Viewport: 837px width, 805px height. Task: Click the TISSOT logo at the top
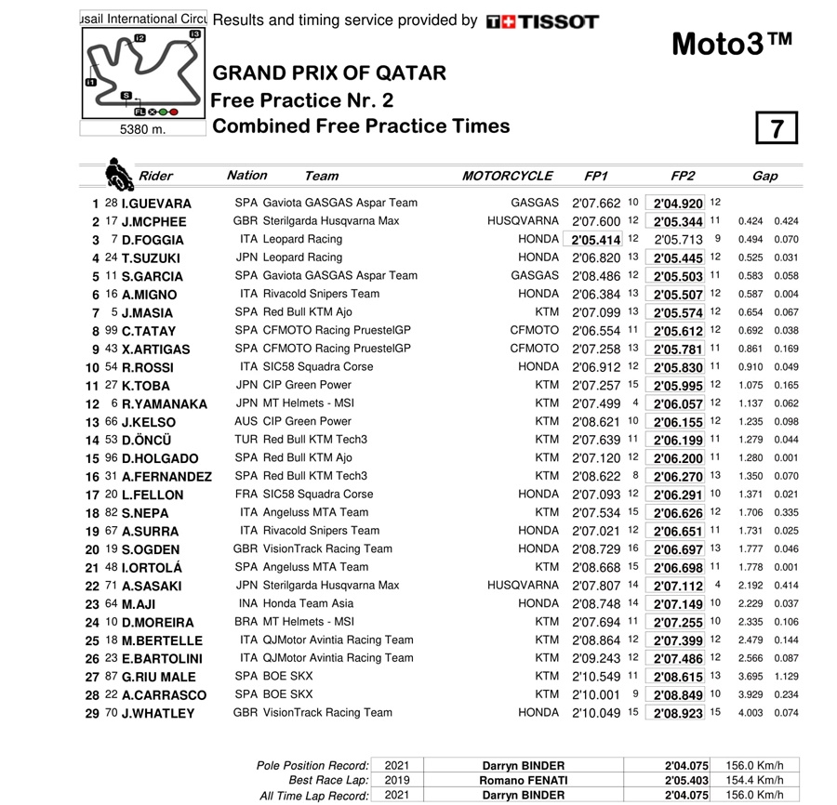point(542,20)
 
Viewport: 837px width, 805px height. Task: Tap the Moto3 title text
point(732,44)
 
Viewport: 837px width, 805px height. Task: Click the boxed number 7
point(777,128)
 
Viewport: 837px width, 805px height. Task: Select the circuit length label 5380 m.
point(142,130)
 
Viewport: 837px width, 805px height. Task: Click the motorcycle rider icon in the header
point(119,174)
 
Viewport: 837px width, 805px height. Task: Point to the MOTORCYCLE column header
point(507,176)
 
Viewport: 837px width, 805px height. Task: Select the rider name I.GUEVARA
point(156,204)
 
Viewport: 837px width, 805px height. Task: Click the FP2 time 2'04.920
point(678,204)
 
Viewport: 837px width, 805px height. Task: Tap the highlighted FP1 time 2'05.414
point(597,240)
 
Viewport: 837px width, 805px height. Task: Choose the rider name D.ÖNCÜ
point(153,441)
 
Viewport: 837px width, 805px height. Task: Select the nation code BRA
point(246,622)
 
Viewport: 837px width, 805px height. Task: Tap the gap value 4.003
point(751,713)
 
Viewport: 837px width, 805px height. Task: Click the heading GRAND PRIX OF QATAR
point(329,73)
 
